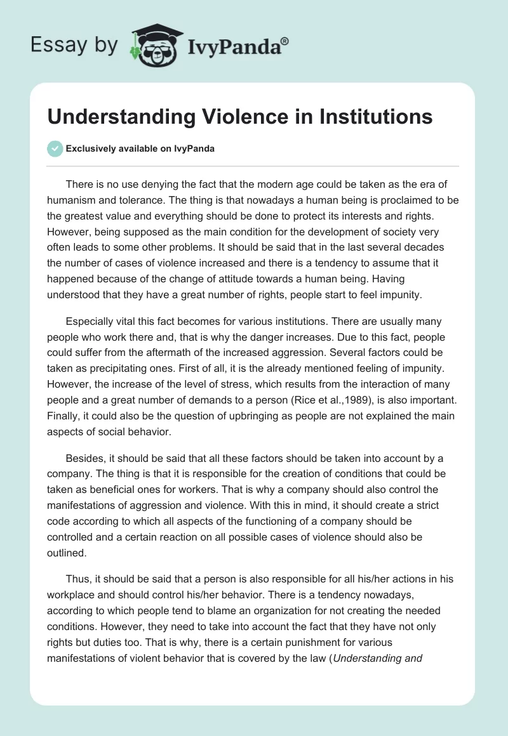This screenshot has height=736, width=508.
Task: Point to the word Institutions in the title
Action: [x=369, y=117]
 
